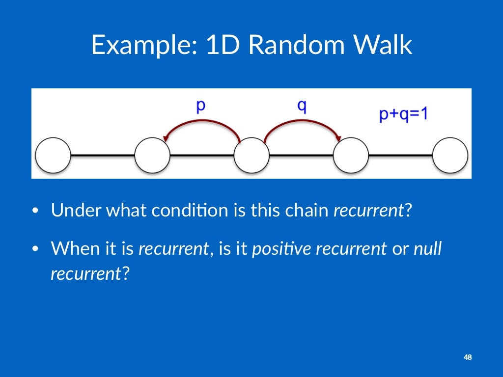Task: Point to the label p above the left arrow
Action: [x=200, y=106]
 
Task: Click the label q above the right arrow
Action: [x=302, y=106]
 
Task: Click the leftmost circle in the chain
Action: [x=53, y=156]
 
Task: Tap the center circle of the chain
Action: [x=251, y=156]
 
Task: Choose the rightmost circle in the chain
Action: [x=450, y=156]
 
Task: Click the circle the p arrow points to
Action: [x=152, y=156]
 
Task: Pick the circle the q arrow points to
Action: [x=351, y=156]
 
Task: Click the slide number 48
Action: [x=468, y=357]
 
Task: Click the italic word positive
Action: [x=282, y=249]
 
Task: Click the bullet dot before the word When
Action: [x=35, y=249]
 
